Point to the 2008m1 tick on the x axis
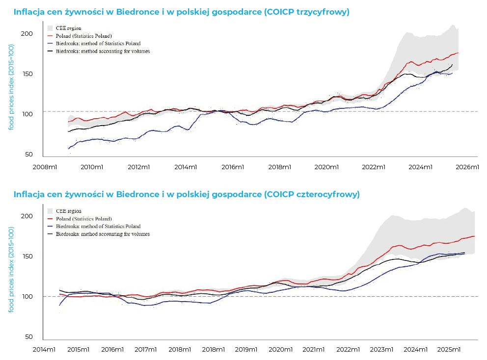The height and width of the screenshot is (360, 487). coord(45,167)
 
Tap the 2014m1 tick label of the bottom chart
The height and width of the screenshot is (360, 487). coord(45,349)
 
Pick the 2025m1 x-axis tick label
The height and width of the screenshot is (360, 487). coord(448,349)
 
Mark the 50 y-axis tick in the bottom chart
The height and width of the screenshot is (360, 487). coord(29,337)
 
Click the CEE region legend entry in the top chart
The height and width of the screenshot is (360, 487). coord(68,28)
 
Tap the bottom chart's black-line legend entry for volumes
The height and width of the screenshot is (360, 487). coord(103,234)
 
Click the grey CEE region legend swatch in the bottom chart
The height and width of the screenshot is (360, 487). coord(50,211)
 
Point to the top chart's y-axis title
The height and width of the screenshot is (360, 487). coord(11,87)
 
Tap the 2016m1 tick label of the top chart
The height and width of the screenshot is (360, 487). coord(233,167)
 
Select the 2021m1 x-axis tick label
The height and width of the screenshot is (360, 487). coord(314,349)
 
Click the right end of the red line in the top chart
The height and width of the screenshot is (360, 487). coord(458,53)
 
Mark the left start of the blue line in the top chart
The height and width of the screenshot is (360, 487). coord(68,148)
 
